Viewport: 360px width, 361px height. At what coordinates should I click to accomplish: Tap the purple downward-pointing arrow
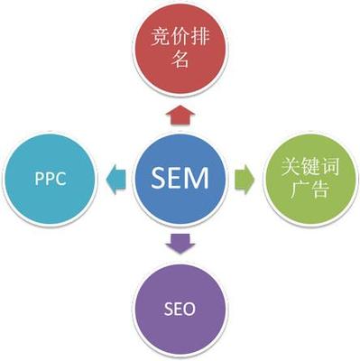180,241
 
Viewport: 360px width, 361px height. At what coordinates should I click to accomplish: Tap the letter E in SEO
180,309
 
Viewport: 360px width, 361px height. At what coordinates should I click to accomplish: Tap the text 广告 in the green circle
307,190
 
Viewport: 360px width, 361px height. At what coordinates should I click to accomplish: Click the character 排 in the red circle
200,41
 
